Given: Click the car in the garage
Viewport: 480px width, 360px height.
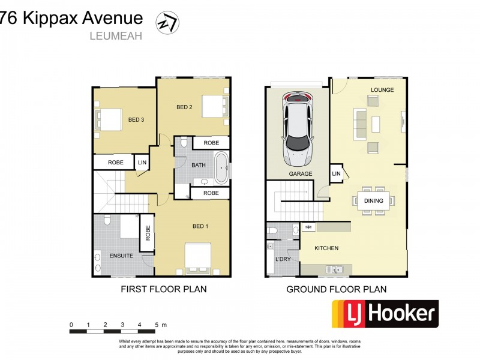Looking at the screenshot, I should (x=298, y=129).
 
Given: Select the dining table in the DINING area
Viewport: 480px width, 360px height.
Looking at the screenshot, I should (x=373, y=201).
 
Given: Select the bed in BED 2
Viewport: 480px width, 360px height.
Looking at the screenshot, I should (x=213, y=107).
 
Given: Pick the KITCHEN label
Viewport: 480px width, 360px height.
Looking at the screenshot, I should (x=327, y=248).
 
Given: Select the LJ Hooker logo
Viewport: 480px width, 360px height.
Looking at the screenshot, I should (x=385, y=313).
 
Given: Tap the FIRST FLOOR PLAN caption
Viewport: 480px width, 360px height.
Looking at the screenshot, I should (x=164, y=289).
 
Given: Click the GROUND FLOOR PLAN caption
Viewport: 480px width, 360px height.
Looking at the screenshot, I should (x=336, y=289).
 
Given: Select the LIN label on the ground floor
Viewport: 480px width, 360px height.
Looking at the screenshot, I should (x=336, y=174).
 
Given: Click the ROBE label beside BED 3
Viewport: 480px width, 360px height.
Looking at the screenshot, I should (x=115, y=163).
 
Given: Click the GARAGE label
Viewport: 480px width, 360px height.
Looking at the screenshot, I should (x=301, y=174).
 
